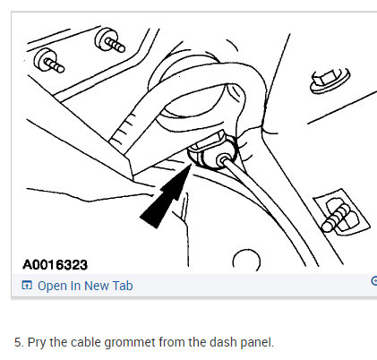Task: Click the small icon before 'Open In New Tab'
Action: click(27, 287)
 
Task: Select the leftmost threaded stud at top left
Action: click(48, 63)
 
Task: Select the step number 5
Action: click(18, 341)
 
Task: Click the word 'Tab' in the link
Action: click(122, 287)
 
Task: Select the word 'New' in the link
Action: click(97, 287)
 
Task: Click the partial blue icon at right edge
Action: click(373, 280)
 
